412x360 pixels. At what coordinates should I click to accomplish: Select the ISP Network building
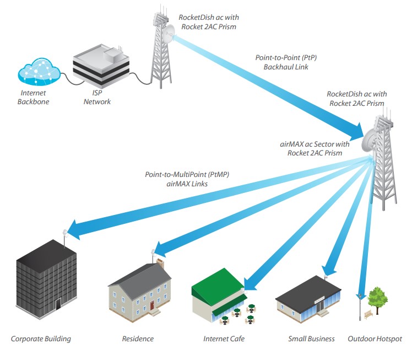pyautogui.click(x=102, y=69)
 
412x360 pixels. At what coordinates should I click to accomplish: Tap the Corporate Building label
pyautogui.click(x=41, y=338)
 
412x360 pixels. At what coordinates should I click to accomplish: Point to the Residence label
pyautogui.click(x=138, y=338)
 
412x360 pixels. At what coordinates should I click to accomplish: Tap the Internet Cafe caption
pyautogui.click(x=224, y=338)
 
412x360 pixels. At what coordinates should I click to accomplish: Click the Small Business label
pyautogui.click(x=311, y=338)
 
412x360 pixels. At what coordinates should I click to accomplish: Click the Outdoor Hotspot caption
pyautogui.click(x=375, y=338)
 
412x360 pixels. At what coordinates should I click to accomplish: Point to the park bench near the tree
pyautogui.click(x=368, y=315)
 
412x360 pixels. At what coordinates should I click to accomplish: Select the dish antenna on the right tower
pyautogui.click(x=371, y=138)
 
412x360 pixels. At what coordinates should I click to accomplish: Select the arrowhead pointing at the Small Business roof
pyautogui.click(x=329, y=270)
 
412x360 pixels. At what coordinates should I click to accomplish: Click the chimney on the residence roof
pyautogui.click(x=160, y=263)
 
